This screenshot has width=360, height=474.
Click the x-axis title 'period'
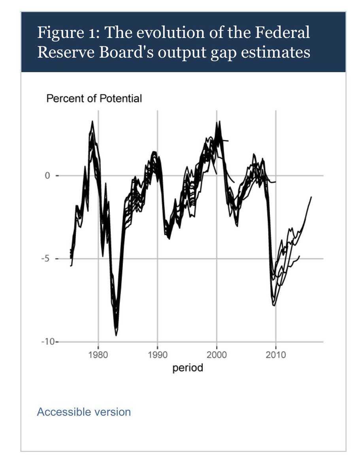point(187,368)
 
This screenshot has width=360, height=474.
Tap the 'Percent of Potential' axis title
point(94,98)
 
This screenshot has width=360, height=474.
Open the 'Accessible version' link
point(84,412)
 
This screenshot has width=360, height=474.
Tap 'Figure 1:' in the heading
point(64,33)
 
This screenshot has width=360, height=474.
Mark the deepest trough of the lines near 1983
point(116,335)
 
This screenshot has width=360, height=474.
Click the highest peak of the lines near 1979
point(92,121)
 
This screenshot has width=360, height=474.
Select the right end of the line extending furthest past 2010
point(311,197)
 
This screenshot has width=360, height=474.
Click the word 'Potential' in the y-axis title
point(119,98)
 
